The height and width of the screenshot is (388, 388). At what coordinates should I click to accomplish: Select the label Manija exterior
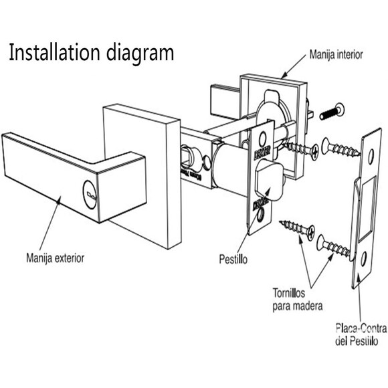click(x=56, y=257)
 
